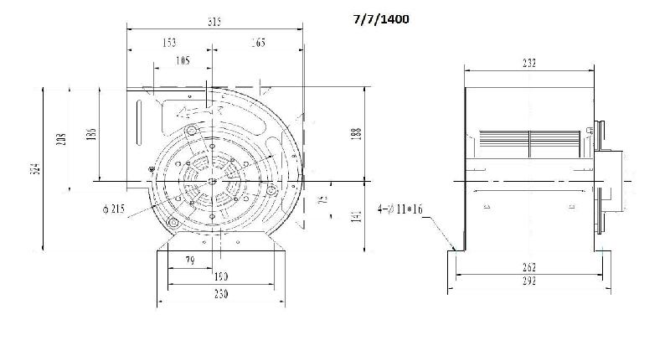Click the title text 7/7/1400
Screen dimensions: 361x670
(381, 18)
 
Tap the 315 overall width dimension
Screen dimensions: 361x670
(215, 23)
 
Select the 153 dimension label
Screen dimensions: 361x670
(168, 42)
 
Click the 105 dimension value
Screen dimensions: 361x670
(182, 59)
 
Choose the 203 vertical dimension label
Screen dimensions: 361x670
(60, 139)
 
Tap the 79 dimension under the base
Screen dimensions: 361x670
(190, 261)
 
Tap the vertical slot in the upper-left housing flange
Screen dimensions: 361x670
(139, 118)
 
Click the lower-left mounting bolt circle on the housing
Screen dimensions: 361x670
(173, 222)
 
